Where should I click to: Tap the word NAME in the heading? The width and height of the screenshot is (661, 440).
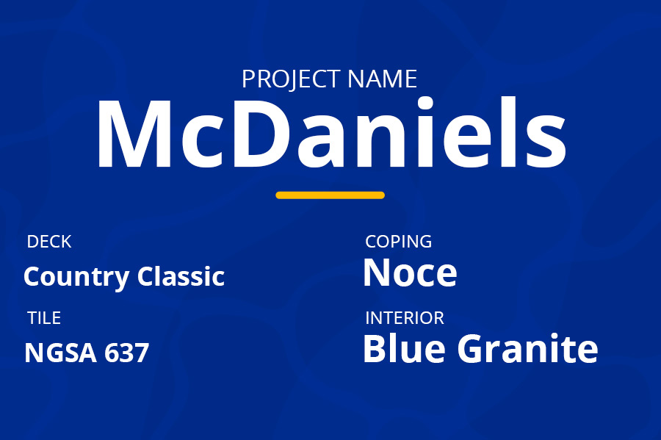coord(383,79)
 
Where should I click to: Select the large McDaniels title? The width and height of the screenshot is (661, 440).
coord(331,133)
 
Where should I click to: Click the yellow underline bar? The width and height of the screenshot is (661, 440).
coord(330,195)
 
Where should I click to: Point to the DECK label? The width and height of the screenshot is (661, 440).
coord(49,242)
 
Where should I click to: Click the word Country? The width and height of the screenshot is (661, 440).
coord(76,278)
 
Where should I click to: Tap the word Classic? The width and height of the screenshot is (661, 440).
coord(181,276)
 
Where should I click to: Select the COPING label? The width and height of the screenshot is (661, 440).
coord(398,242)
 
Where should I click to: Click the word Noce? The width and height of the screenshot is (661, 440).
coord(410,273)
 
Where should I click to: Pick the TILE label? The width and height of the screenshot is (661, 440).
coord(44,318)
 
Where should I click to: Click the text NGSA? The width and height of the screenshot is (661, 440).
coord(60,353)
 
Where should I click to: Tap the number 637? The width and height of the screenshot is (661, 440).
coord(126,353)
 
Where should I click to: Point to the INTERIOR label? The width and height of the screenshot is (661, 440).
coord(405,318)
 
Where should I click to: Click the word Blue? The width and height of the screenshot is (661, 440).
coord(404,348)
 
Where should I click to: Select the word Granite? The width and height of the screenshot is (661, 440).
coord(528,348)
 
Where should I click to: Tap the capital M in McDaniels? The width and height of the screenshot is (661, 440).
coord(134,134)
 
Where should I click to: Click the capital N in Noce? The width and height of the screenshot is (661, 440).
coord(379,273)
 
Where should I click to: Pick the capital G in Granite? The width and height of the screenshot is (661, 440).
coord(472,349)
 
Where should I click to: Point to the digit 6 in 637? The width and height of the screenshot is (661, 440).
coord(112,353)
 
